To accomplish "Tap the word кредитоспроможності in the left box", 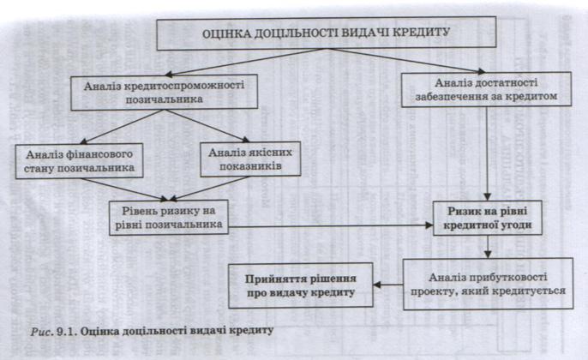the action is tap(183, 85).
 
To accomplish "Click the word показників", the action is tap(250, 165).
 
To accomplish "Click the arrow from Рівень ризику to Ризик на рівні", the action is tap(331, 225).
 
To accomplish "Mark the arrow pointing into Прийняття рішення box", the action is tap(388, 285).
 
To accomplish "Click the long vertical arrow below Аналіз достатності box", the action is tap(487, 153).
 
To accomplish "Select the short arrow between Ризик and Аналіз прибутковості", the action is tap(488, 246).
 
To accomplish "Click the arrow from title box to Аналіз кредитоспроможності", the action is tap(246, 62).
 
